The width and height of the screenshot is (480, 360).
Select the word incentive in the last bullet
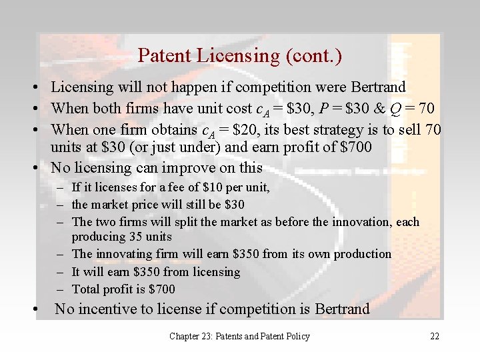tap(107, 309)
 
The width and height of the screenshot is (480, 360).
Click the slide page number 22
tap(435, 337)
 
